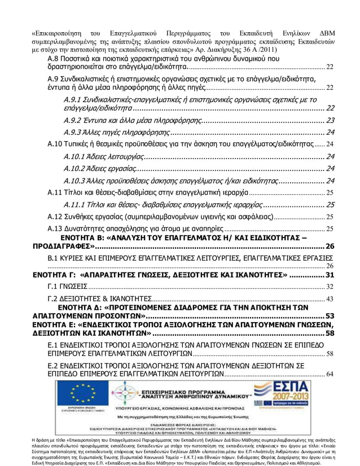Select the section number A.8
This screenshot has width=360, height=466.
54,59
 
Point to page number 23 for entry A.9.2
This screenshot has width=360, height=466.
330,120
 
